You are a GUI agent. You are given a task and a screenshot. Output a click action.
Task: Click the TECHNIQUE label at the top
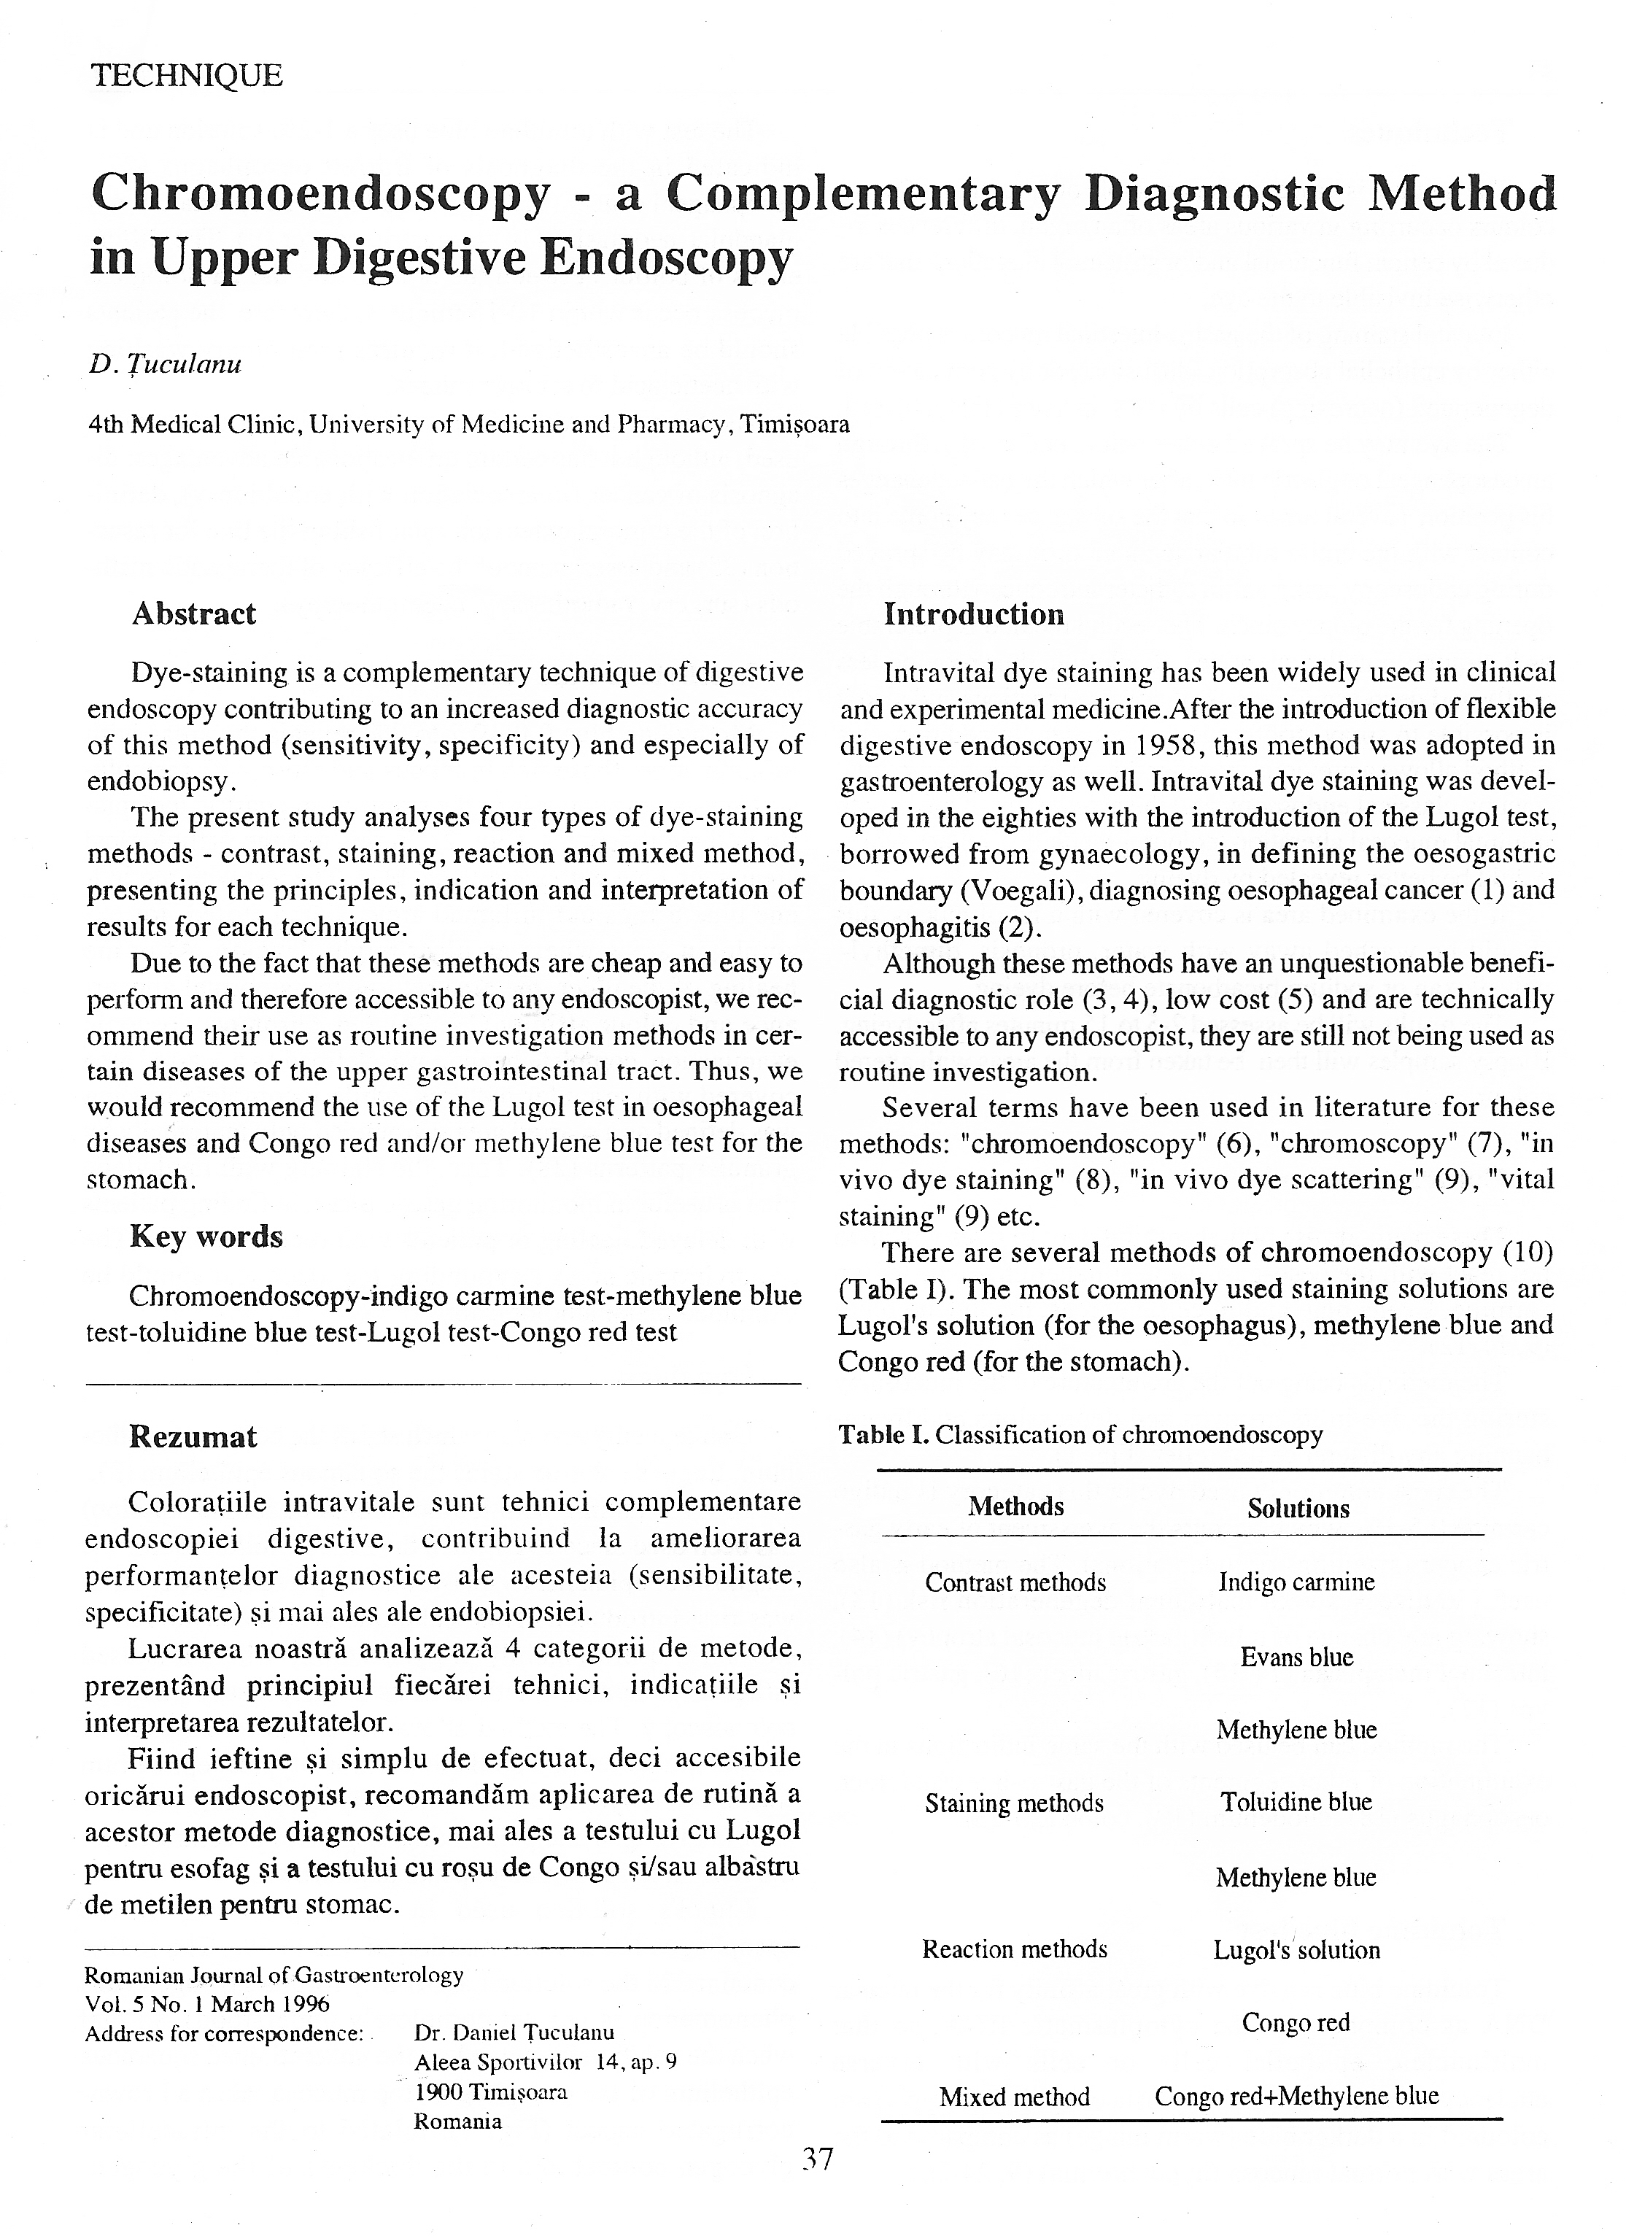(186, 76)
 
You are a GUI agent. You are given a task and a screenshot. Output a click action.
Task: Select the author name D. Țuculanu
(165, 365)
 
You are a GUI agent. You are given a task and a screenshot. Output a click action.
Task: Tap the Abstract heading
(194, 614)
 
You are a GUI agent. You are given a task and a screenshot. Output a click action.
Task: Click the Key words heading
(206, 1237)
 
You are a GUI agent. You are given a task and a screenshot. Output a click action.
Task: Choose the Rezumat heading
(193, 1436)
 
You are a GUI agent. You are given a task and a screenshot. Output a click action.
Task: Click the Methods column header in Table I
(1015, 1506)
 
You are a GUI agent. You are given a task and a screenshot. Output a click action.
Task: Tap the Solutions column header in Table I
(1298, 1509)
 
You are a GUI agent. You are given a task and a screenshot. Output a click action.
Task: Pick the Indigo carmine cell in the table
(1296, 1582)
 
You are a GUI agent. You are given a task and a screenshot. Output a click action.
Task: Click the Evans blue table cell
(1297, 1657)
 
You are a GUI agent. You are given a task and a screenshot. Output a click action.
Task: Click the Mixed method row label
(1015, 2097)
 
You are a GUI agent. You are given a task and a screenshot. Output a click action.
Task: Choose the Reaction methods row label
(1015, 1949)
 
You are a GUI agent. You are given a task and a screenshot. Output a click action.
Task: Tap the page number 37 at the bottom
(818, 2160)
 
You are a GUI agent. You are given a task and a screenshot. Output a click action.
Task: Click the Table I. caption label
(883, 1434)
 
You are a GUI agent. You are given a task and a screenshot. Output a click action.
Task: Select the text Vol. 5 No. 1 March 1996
(207, 2004)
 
